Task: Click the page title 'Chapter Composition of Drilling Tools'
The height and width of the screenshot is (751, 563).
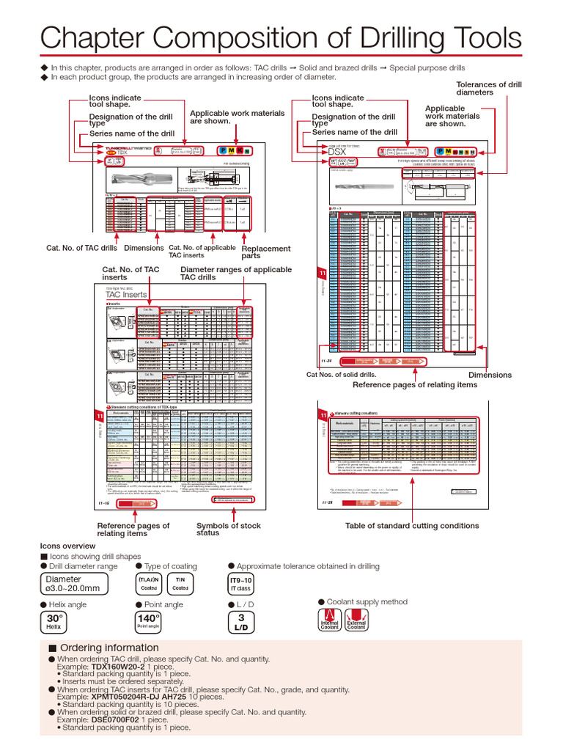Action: tap(281, 37)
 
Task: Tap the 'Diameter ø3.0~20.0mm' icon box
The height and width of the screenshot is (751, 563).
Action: tap(73, 584)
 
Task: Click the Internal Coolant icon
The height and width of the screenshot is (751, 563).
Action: tap(329, 620)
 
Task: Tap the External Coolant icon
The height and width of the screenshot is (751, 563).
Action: tap(356, 620)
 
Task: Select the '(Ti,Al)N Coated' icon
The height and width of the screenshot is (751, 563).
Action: tap(149, 584)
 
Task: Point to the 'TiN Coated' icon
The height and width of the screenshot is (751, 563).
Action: tap(180, 584)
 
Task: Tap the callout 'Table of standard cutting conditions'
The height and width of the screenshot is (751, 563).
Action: tap(412, 525)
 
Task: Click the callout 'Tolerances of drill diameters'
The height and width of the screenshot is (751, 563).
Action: tap(488, 89)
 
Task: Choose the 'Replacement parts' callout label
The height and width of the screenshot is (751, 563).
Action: tap(265, 252)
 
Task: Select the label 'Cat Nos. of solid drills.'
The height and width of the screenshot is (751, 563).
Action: tap(341, 375)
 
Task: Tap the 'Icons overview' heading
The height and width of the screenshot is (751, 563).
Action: tap(68, 546)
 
